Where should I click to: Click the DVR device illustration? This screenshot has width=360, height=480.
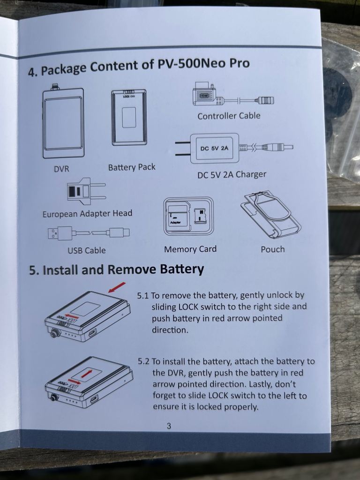(x=63, y=122)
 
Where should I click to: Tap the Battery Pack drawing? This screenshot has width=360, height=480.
(x=129, y=117)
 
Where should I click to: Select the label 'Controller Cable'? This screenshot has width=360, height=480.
(x=229, y=116)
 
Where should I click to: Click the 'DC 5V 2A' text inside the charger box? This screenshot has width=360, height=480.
(x=214, y=149)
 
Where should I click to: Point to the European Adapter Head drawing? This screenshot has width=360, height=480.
(x=86, y=190)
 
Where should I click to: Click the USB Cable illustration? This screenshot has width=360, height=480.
(x=89, y=233)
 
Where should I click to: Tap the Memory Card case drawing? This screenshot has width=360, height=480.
(x=188, y=217)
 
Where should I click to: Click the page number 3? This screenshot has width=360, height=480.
(x=169, y=426)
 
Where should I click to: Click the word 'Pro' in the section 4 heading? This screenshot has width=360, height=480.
(x=240, y=63)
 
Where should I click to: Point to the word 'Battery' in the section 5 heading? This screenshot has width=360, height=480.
(x=182, y=270)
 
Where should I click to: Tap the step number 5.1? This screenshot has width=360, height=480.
(x=143, y=296)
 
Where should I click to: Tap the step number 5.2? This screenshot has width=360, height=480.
(x=143, y=361)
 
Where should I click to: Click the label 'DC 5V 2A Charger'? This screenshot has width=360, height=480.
(x=232, y=174)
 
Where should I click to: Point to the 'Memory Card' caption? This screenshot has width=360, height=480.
(x=190, y=249)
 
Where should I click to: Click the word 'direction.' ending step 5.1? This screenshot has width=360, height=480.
(x=170, y=330)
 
